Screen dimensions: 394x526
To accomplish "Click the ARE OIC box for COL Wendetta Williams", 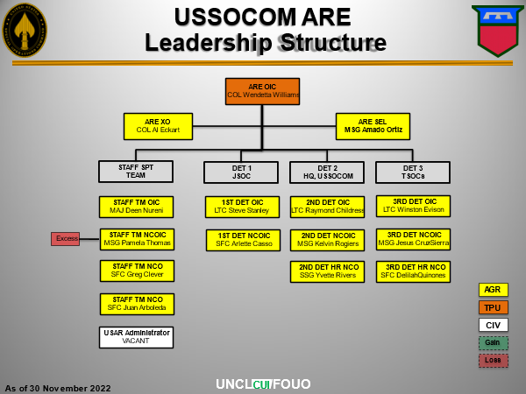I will [x=262, y=91].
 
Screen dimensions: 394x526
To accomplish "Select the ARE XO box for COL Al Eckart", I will [x=158, y=126].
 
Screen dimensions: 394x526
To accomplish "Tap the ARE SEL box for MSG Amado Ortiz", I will [x=372, y=126].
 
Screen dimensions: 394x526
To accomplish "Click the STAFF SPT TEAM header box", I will [x=136, y=172].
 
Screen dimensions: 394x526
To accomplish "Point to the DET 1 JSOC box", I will [x=241, y=172].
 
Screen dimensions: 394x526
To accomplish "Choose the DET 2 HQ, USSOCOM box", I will [x=327, y=172].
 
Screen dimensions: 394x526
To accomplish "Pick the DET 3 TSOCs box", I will [x=413, y=172].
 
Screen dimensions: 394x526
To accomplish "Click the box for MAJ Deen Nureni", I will [x=136, y=207].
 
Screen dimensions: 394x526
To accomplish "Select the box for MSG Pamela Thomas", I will [x=137, y=239].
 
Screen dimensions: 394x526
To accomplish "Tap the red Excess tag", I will [x=65, y=238].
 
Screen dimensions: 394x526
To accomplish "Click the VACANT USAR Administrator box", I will [x=136, y=337].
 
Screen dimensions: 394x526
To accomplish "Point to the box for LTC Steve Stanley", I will [x=243, y=207].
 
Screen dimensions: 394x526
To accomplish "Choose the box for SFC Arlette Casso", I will [x=243, y=240].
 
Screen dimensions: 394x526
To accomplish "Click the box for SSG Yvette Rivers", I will [x=327, y=271].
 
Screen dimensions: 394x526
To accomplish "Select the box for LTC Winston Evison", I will [x=413, y=206].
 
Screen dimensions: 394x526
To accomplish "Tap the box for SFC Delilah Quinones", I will [x=413, y=271].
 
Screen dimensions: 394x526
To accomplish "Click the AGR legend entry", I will [x=493, y=290].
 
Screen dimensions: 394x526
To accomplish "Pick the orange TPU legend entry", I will [x=493, y=307].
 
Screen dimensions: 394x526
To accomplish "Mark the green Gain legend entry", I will [x=493, y=342].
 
